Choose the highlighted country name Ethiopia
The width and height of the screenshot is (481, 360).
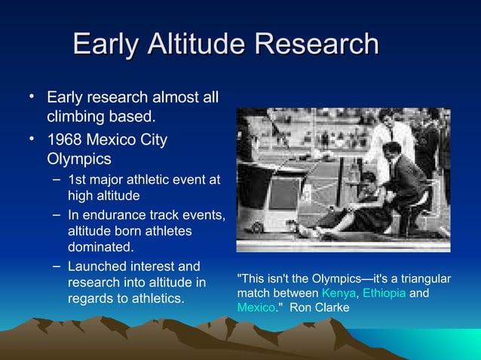tap(384, 293)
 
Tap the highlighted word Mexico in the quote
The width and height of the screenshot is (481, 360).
tap(256, 307)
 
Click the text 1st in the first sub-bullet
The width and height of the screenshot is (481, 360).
tap(77, 180)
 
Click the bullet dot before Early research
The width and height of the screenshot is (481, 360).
tap(32, 96)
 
